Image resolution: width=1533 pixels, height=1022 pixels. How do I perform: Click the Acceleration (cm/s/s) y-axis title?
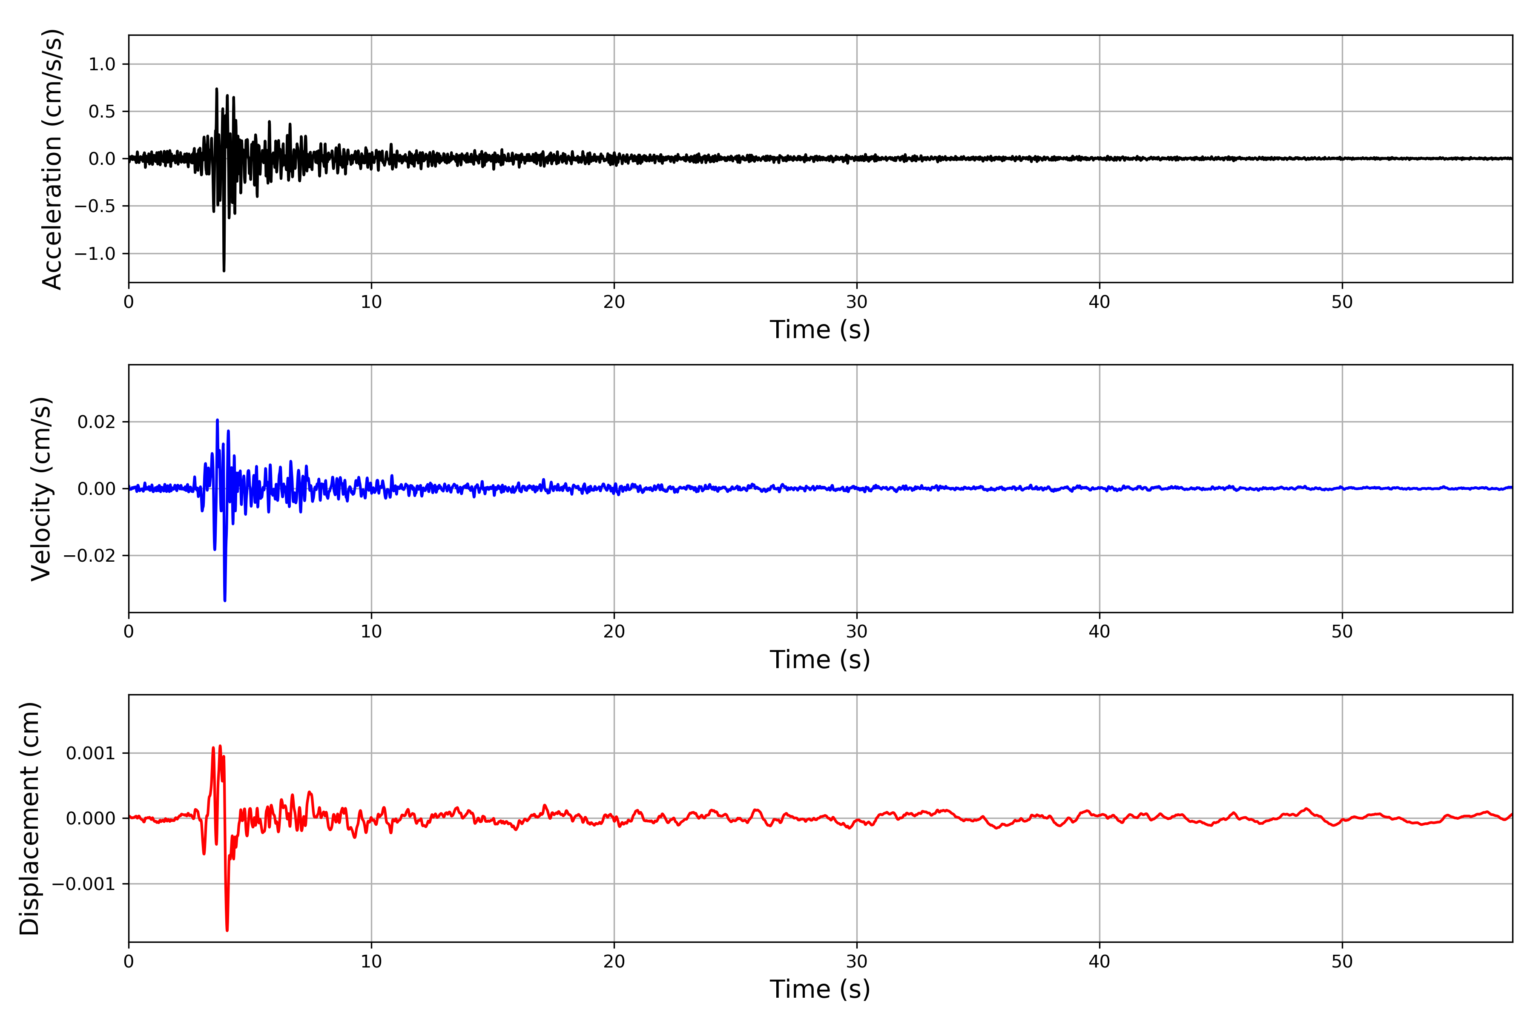coord(52,158)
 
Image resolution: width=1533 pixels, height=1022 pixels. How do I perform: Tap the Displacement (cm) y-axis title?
coord(29,818)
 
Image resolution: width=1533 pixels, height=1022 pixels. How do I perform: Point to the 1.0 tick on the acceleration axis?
coord(102,65)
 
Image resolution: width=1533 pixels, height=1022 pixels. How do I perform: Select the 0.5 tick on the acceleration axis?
coord(102,112)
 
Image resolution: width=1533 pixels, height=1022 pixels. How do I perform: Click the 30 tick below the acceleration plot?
coord(856,302)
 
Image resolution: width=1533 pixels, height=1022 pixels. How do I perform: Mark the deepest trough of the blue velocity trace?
coord(225,600)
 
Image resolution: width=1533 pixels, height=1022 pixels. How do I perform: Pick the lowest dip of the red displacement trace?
coord(227,930)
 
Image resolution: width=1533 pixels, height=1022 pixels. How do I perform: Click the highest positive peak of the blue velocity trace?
coord(217,420)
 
